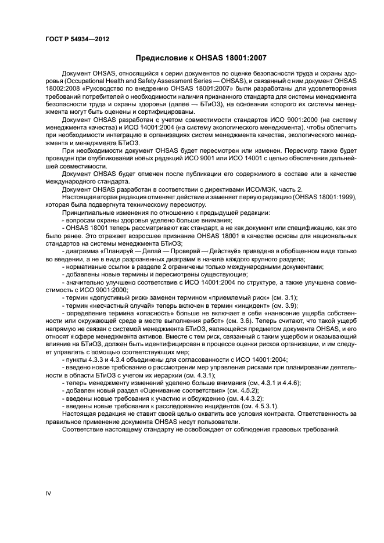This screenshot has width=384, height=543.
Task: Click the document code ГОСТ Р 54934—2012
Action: click(77, 39)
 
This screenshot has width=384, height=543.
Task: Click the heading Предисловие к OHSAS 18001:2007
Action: click(201, 58)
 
